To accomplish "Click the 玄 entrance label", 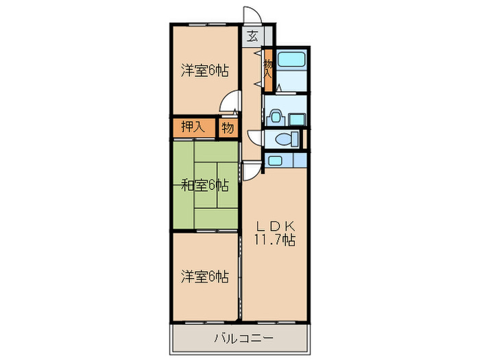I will (253, 37).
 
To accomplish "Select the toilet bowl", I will (282, 139).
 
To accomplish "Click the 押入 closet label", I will (193, 127).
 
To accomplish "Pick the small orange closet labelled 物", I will (228, 127).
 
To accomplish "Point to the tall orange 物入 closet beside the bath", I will (268, 69).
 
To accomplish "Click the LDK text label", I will (276, 226).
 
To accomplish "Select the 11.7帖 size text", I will (276, 241).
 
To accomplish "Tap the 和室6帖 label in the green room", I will (204, 184).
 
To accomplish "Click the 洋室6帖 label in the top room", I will (204, 70).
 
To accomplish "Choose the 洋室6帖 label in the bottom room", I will (204, 276).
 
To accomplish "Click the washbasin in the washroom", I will (275, 117).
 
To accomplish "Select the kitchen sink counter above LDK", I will (285, 161).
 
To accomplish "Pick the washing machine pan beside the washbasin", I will (296, 117).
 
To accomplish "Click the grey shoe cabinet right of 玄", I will (269, 37).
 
